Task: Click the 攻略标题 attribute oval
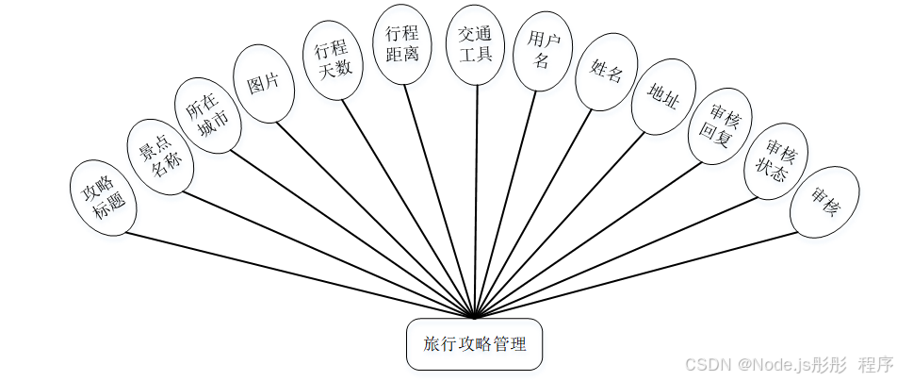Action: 103,199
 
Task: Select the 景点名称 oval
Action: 160,157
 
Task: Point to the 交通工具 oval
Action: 476,44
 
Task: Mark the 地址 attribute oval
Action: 662,97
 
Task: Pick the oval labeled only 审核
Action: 824,202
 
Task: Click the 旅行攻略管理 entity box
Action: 474,344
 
